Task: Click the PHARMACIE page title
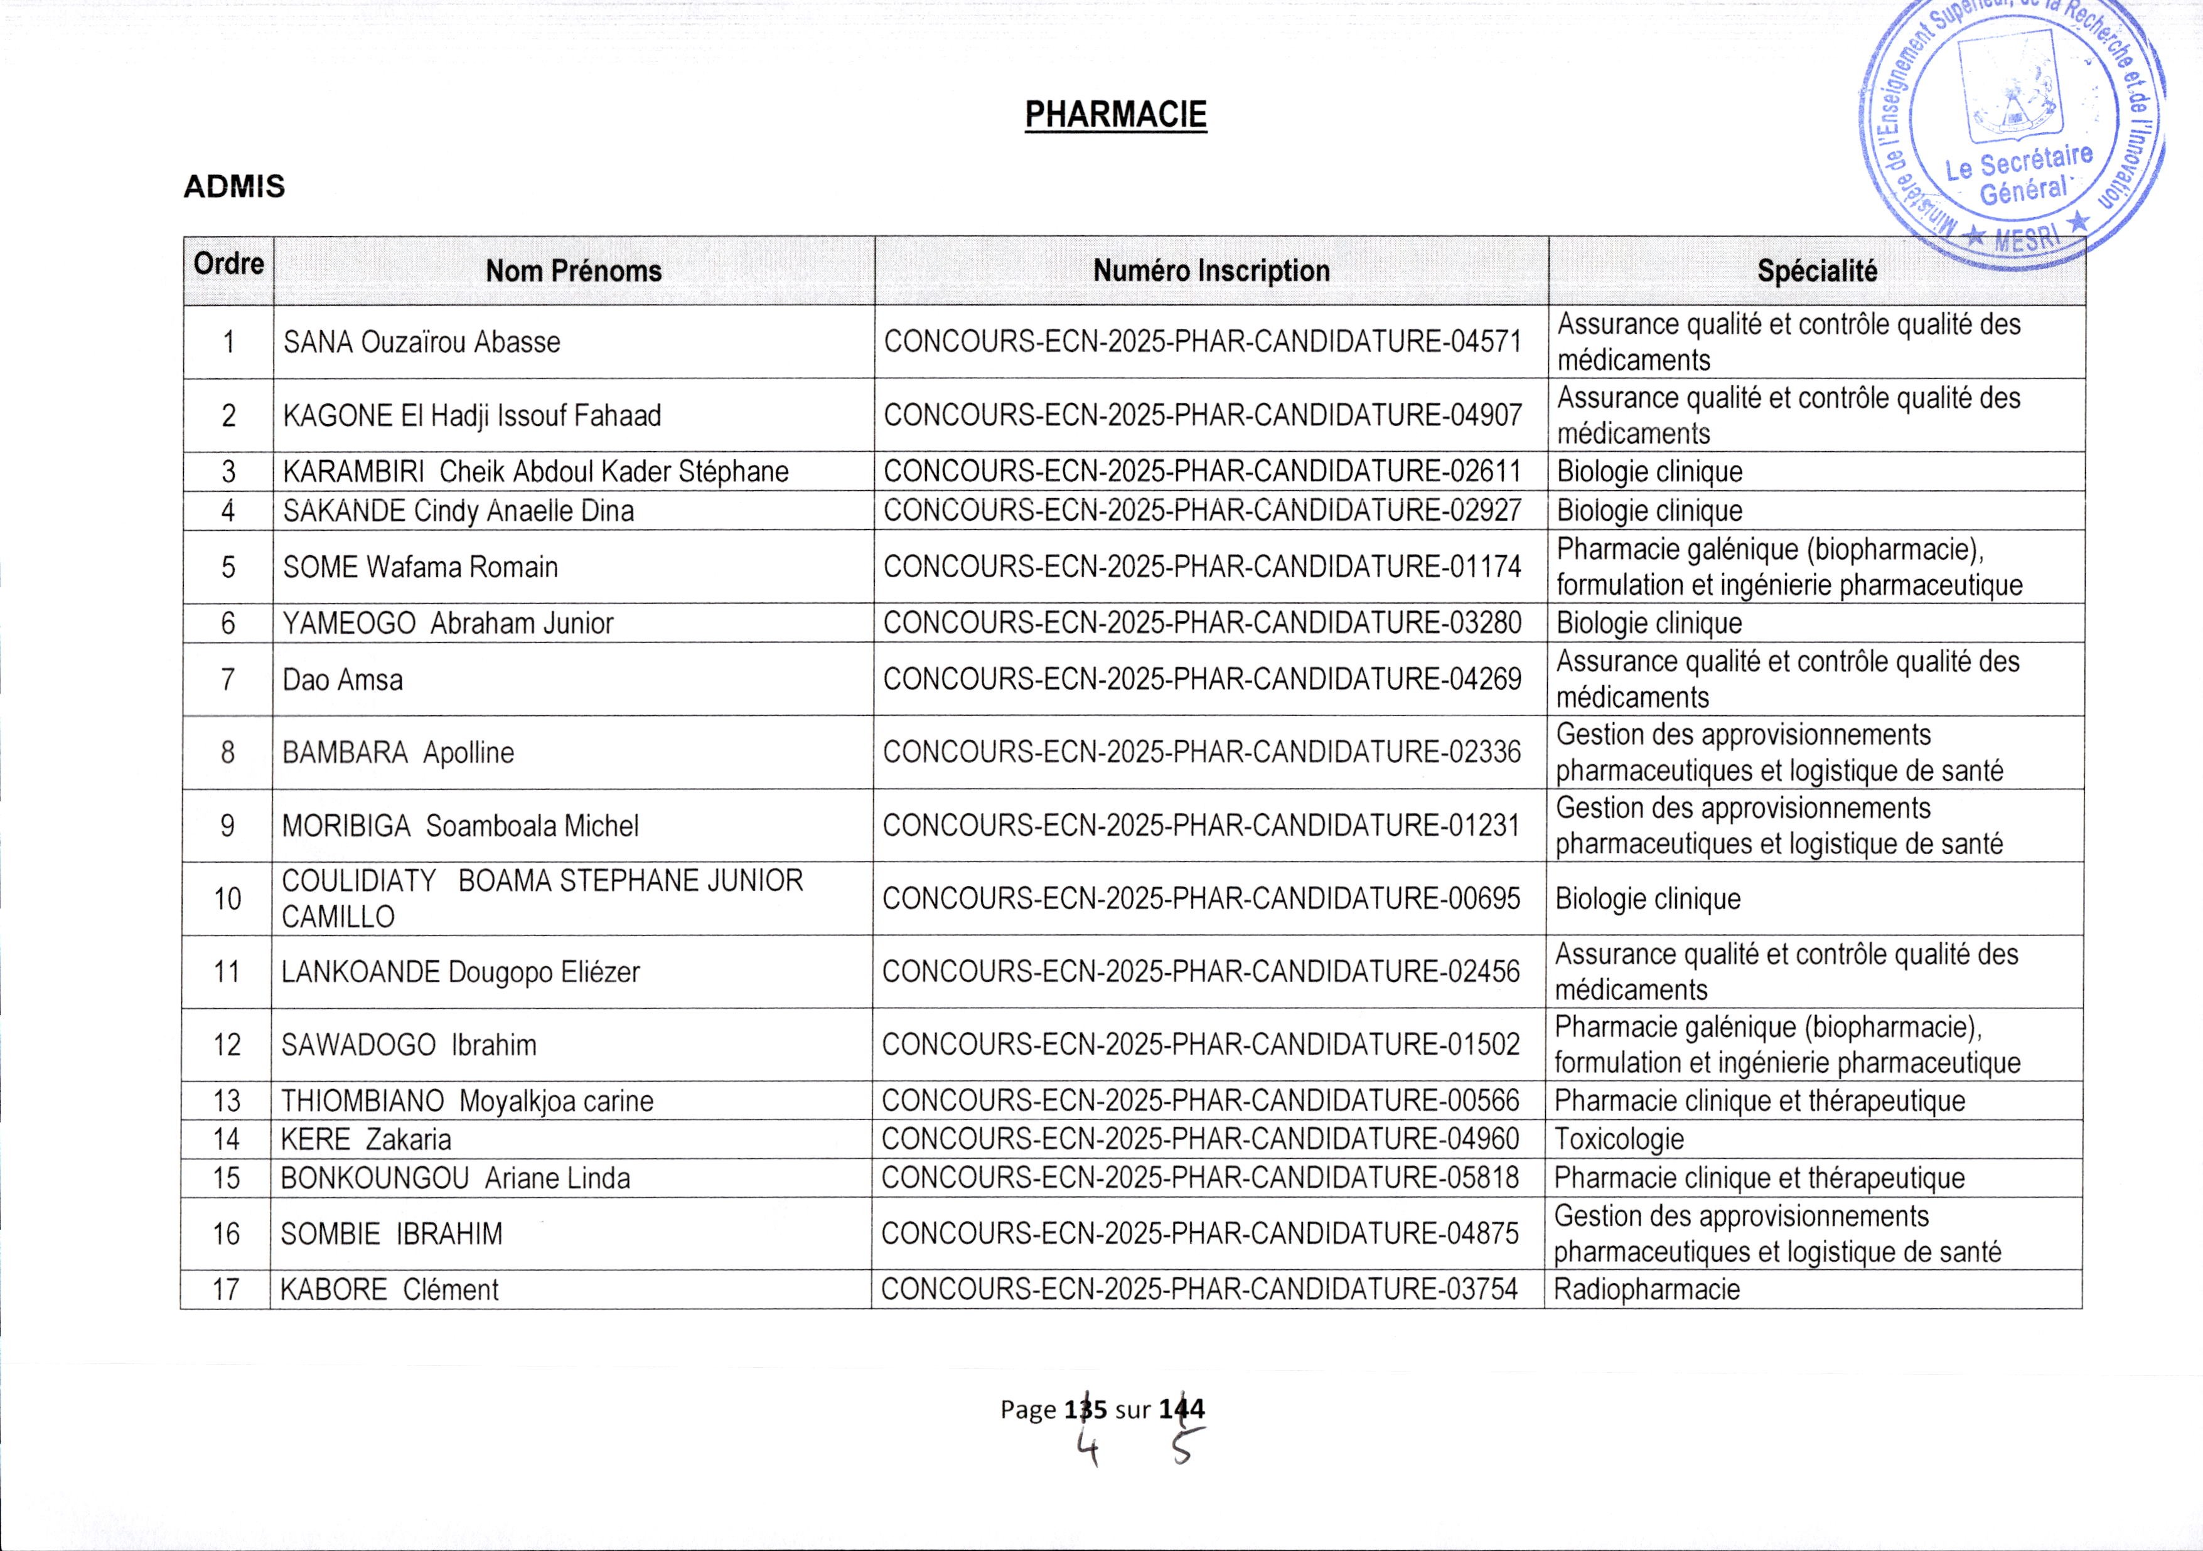1115,115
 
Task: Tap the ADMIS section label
234,186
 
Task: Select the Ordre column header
228,264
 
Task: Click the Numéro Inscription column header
1211,272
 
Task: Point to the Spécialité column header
1816,272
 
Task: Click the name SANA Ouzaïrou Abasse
421,343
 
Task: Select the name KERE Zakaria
365,1139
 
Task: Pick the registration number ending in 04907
1203,415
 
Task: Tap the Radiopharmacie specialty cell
1646,1289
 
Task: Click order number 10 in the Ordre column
227,898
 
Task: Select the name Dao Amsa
343,680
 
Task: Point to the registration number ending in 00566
1200,1101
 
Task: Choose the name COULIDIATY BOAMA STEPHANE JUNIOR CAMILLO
542,898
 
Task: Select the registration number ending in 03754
1199,1289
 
